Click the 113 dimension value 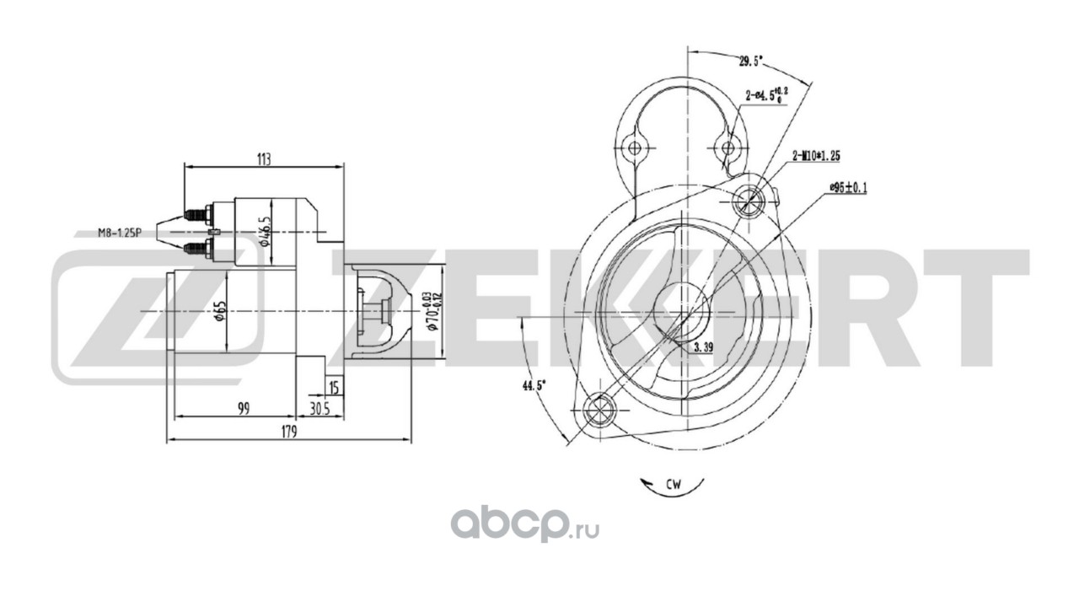click(x=264, y=158)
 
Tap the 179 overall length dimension click(x=289, y=432)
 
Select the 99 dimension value click(x=244, y=409)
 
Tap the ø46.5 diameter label click(x=265, y=229)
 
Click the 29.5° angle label click(x=749, y=61)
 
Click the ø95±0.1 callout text click(x=849, y=186)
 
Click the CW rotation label click(x=673, y=485)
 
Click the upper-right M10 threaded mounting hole click(x=749, y=201)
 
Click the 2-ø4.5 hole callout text click(x=766, y=94)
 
